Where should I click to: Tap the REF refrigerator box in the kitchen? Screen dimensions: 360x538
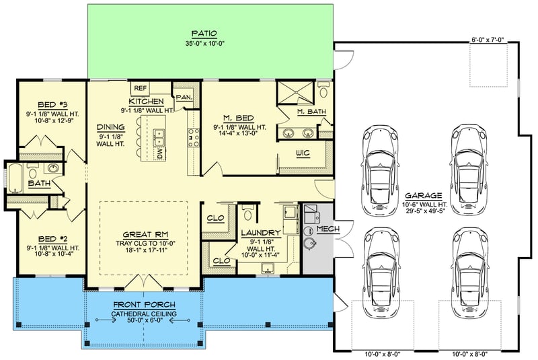[x=141, y=88]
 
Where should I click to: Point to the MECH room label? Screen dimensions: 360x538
[x=328, y=229]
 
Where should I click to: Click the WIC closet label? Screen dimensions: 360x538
[x=303, y=154]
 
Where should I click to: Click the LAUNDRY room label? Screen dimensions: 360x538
[x=260, y=233]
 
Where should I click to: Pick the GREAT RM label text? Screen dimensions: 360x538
[x=142, y=236]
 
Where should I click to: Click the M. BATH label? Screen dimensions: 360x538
[x=311, y=111]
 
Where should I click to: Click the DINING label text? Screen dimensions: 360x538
[x=110, y=127]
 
